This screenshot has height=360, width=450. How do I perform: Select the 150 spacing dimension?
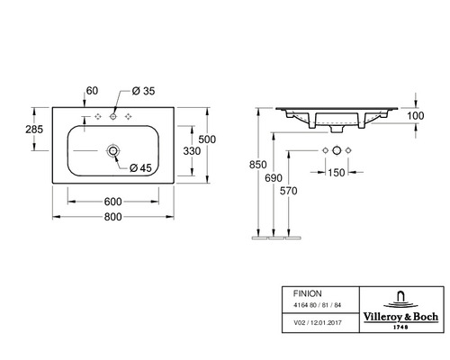336,172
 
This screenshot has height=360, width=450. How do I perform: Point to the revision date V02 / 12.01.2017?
318,321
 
